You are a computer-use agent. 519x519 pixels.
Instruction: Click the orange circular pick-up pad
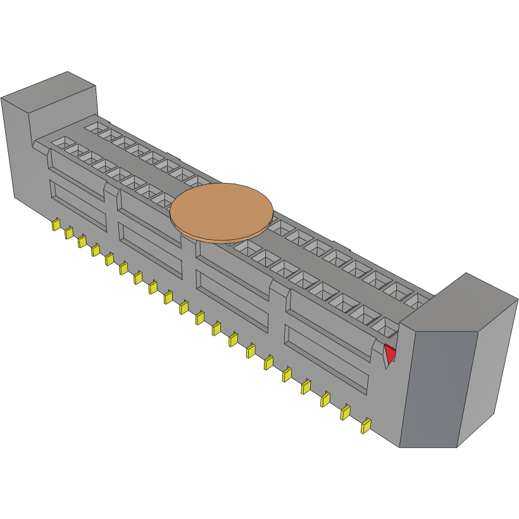coord(222,211)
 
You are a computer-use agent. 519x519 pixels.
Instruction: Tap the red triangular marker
coord(390,353)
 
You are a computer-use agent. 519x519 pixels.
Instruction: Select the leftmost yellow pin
coord(56,224)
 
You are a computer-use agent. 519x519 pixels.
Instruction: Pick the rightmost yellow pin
coord(365,426)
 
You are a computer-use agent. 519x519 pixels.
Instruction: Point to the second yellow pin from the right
coord(346,413)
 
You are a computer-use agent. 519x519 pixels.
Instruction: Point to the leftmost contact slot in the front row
coord(62,142)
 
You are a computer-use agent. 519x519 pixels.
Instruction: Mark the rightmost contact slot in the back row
coord(418,301)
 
